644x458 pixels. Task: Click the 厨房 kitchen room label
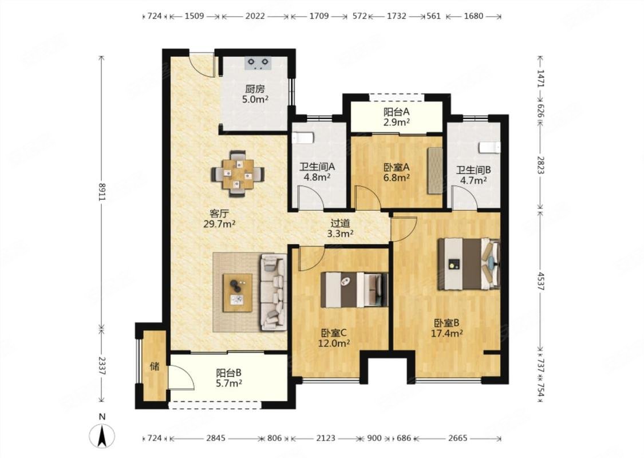point(255,89)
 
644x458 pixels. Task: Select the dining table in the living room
point(238,174)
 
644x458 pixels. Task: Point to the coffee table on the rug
point(238,293)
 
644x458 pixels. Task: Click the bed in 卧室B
point(469,264)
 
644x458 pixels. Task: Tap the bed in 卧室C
point(354,290)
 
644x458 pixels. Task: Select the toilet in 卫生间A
point(303,137)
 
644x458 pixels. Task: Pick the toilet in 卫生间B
point(490,148)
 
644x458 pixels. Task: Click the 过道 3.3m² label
point(341,228)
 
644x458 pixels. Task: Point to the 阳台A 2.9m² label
point(397,117)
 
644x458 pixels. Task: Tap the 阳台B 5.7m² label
point(229,378)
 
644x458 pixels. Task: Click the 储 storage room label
point(155,366)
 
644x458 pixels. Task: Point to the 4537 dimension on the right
point(541,280)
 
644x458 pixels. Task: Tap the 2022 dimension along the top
point(255,16)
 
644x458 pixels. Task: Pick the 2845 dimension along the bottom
point(216,439)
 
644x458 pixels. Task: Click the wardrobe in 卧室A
point(435,171)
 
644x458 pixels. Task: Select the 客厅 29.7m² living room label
point(219,219)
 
